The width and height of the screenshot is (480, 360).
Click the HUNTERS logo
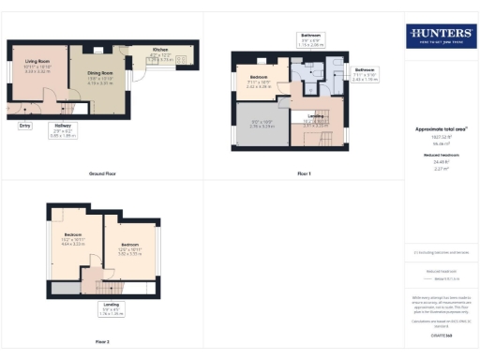439,37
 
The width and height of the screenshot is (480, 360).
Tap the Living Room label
37,62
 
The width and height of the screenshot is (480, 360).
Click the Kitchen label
160,51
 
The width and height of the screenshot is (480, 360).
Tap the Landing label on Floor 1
315,117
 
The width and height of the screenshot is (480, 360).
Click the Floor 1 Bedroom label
260,78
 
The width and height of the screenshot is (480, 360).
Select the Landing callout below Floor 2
111,307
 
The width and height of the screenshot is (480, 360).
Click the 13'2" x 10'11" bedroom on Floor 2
74,238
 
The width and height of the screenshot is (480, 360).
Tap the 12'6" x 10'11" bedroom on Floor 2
128,249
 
